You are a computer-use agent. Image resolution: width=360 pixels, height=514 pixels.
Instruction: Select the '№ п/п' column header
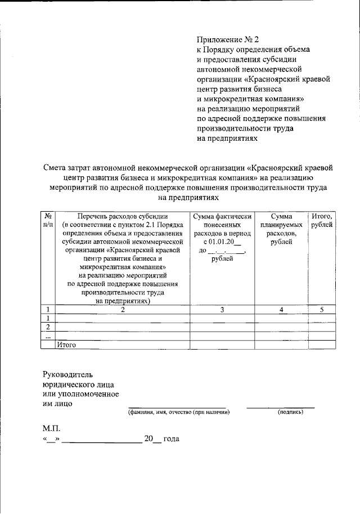49,220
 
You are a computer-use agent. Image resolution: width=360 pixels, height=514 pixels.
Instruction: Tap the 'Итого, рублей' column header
322,220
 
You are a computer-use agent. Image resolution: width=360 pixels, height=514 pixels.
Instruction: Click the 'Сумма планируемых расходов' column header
281,229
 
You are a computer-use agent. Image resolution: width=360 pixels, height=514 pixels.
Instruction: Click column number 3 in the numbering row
222,310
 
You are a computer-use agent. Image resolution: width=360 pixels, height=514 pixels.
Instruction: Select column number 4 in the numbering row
281,310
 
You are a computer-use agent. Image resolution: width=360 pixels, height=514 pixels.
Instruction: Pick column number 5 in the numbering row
322,310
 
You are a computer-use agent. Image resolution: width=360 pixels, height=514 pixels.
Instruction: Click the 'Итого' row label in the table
66,345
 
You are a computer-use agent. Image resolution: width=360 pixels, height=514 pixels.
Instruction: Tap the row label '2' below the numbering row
48,327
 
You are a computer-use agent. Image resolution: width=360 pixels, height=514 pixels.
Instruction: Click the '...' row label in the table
48,336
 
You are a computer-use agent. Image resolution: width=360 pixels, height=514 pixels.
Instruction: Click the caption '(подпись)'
291,413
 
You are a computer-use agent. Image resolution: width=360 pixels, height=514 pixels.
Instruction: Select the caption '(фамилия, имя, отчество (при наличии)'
178,413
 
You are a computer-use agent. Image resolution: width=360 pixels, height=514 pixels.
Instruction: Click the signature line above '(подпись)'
281,406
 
